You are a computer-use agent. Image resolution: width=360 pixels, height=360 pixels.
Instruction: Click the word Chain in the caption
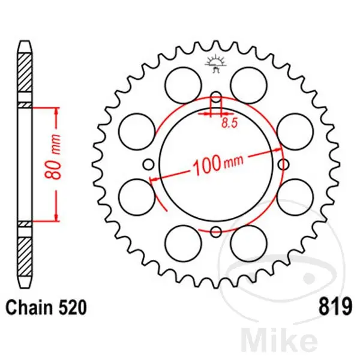pyautogui.click(x=29, y=307)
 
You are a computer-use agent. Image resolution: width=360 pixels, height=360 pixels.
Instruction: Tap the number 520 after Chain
pyautogui.click(x=73, y=307)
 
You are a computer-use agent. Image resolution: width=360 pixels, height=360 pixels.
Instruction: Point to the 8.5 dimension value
pyautogui.click(x=229, y=123)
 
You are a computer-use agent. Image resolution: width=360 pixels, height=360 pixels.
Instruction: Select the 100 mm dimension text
pyautogui.click(x=218, y=163)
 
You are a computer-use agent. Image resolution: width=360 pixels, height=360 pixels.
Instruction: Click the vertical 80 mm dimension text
pyautogui.click(x=53, y=157)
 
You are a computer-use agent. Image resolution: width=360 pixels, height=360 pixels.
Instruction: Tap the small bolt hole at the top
pyautogui.click(x=216, y=97)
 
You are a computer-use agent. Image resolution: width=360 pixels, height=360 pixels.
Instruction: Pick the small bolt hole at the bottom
pyautogui.click(x=216, y=232)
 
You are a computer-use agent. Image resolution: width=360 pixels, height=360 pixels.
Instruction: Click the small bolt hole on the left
pyautogui.click(x=149, y=164)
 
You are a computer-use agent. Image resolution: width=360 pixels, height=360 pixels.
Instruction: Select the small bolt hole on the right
pyautogui.click(x=283, y=164)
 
